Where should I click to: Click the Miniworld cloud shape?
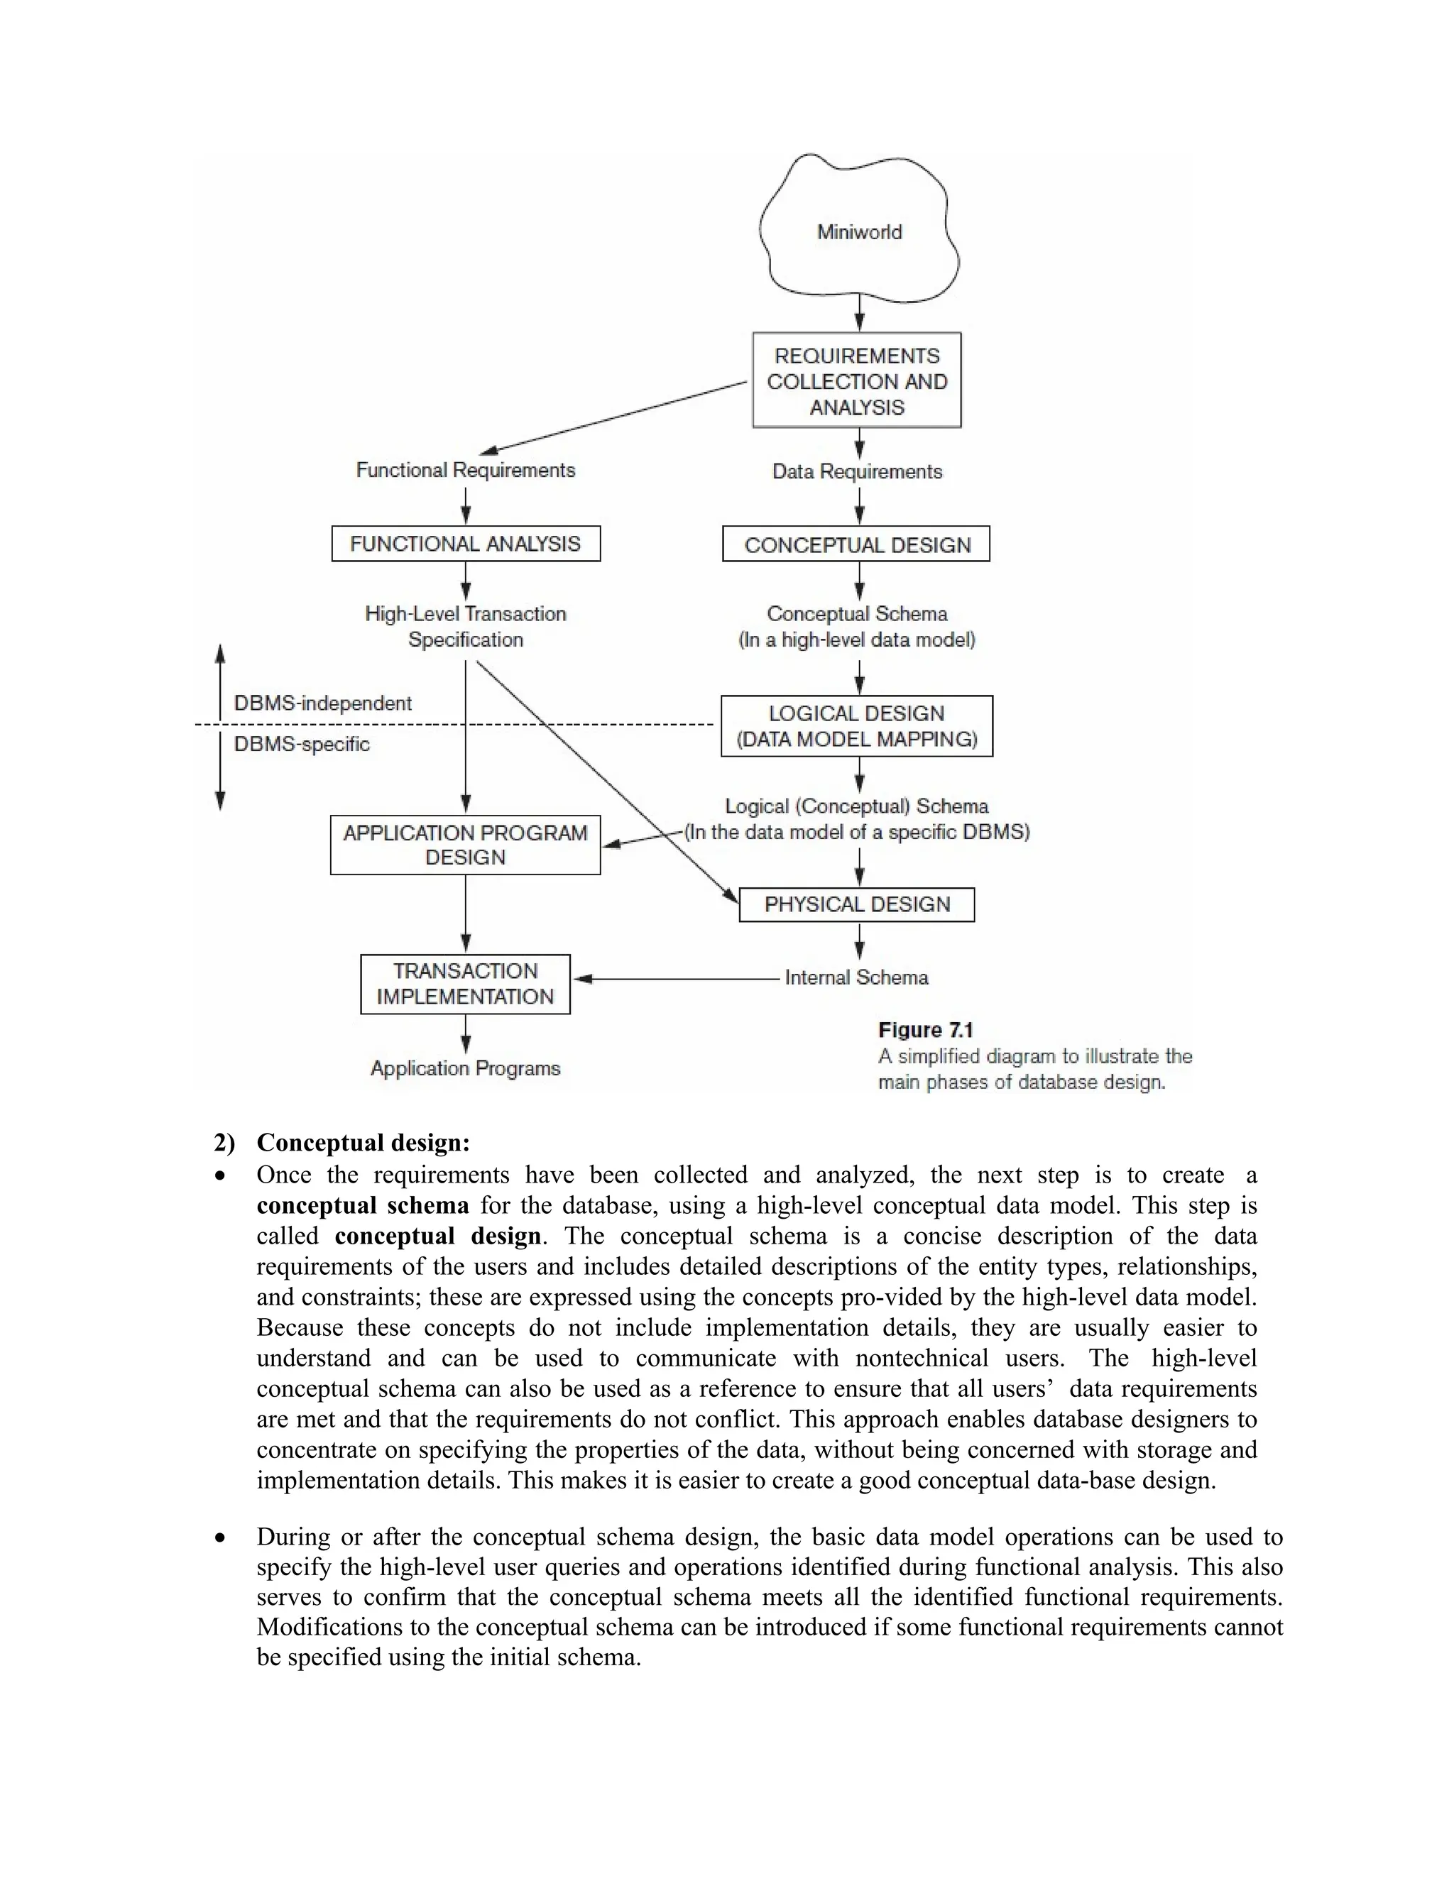[x=859, y=231]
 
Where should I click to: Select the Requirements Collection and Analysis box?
[x=857, y=380]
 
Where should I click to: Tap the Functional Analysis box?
[x=465, y=544]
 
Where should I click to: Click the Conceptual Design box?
[x=856, y=544]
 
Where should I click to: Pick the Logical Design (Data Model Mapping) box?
[x=856, y=726]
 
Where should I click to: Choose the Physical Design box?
[x=856, y=904]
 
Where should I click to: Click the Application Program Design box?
[x=465, y=845]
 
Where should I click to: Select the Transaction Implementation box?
[x=465, y=984]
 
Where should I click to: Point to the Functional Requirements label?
[x=465, y=470]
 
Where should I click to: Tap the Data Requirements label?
[x=857, y=472]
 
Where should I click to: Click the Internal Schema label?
[x=856, y=977]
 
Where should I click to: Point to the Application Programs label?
[x=465, y=1068]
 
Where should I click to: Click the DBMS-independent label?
[x=323, y=703]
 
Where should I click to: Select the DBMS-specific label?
[x=302, y=744]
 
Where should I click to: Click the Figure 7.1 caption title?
[x=925, y=1030]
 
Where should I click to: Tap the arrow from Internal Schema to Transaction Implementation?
[x=676, y=978]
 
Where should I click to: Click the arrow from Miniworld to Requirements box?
[x=859, y=314]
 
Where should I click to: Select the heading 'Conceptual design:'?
[x=363, y=1143]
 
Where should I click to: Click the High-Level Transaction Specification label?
[x=465, y=626]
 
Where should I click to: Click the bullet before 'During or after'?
[x=222, y=1537]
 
